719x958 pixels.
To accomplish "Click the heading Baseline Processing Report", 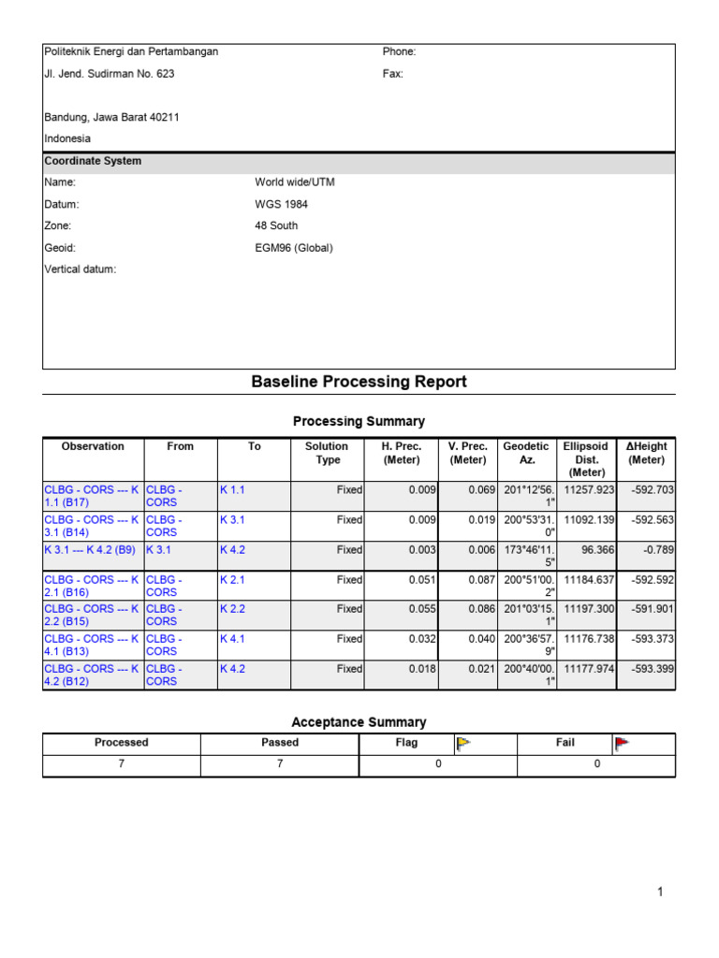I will (x=359, y=382).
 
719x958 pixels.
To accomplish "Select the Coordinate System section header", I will (x=94, y=161).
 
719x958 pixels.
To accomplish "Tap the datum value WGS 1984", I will (x=281, y=204).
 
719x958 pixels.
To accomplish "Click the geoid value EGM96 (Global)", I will (x=294, y=248).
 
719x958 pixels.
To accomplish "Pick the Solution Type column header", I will (x=326, y=453).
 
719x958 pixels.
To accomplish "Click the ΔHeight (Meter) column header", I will (x=646, y=453).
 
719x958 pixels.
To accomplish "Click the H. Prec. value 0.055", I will (x=422, y=609).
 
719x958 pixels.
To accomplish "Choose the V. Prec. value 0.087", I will (x=479, y=580).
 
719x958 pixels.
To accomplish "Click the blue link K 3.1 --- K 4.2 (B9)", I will (x=90, y=550).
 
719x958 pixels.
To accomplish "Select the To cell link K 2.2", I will (x=232, y=609).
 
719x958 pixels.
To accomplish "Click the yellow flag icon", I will (x=462, y=744).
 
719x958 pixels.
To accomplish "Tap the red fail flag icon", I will (x=622, y=744).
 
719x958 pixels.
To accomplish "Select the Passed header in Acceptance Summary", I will (x=280, y=743).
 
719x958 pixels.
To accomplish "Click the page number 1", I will (x=660, y=893).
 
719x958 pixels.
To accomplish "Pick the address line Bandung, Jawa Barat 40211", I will (x=112, y=117).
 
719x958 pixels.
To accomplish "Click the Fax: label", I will (x=392, y=74).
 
